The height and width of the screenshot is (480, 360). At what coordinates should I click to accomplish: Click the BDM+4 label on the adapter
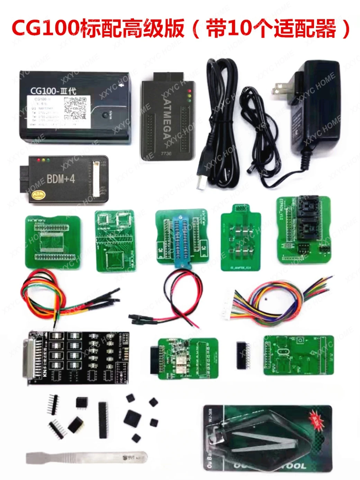pyautogui.click(x=61, y=179)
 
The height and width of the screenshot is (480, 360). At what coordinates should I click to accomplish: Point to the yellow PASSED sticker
pyautogui.click(x=38, y=195)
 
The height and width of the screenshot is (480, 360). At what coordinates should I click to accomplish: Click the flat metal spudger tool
pyautogui.click(x=87, y=458)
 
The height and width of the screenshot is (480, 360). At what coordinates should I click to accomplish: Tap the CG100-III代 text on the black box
pyautogui.click(x=53, y=91)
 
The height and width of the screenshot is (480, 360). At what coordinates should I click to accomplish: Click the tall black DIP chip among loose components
pyautogui.click(x=103, y=419)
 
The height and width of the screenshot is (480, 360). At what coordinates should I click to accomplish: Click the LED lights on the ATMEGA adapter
pyautogui.click(x=189, y=96)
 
